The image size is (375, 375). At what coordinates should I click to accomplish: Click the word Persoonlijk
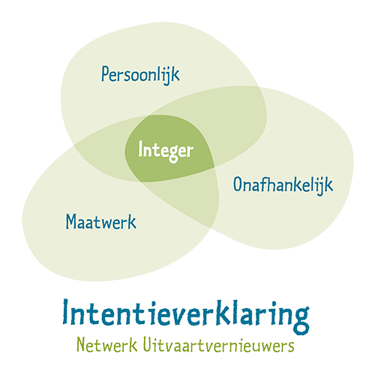click(140, 74)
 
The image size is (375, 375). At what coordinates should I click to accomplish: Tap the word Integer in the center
click(166, 151)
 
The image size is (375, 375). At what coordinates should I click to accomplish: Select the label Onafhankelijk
click(283, 186)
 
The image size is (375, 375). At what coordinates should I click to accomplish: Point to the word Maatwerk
click(101, 222)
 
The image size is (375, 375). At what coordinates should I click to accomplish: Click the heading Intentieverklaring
click(186, 316)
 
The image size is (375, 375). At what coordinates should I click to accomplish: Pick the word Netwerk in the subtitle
click(107, 345)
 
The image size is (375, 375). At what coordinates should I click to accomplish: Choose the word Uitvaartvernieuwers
click(219, 345)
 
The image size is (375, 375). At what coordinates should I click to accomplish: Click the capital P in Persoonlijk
click(105, 73)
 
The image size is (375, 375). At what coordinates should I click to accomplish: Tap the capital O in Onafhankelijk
click(238, 184)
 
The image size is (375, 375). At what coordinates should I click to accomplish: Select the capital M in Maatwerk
click(70, 222)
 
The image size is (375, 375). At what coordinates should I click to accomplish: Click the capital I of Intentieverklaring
click(66, 312)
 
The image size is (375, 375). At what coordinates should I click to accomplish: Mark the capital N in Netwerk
click(82, 344)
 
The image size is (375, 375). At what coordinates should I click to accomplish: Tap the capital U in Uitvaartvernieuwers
click(148, 344)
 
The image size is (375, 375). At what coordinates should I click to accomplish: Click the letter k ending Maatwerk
click(132, 221)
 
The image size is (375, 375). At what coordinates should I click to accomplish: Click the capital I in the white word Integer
click(140, 148)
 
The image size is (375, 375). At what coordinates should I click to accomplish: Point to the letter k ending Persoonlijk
click(175, 73)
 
